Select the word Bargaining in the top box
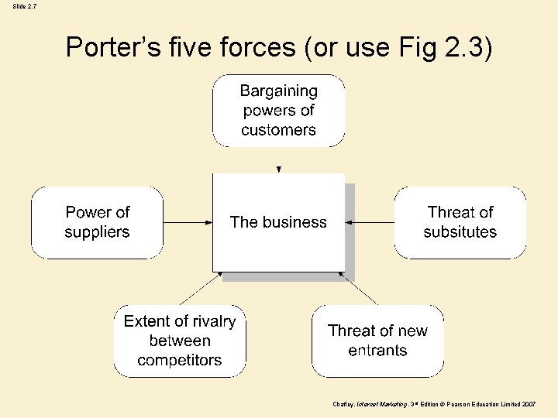coord(278,91)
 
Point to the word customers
coord(278,130)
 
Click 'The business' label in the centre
coord(278,222)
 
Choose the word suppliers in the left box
coord(97,232)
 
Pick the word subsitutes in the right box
coord(460,232)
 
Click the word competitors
coord(179,360)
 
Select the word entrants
coord(377,351)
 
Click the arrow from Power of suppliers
coord(188,222)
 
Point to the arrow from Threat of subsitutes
coord(370,222)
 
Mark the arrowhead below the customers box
coord(279,168)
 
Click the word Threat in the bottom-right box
coord(353,331)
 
